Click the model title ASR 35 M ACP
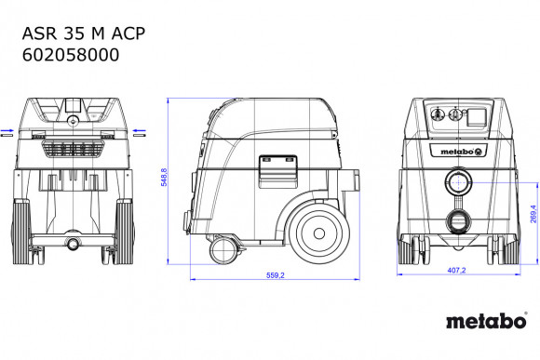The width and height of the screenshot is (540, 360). (82, 33)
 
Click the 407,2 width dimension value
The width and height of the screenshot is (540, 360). (453, 271)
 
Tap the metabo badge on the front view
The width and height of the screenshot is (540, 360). (455, 150)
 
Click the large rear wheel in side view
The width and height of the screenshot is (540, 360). (316, 227)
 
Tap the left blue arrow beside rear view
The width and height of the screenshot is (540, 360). (7, 132)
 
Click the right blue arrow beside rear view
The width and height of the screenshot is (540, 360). (140, 132)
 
